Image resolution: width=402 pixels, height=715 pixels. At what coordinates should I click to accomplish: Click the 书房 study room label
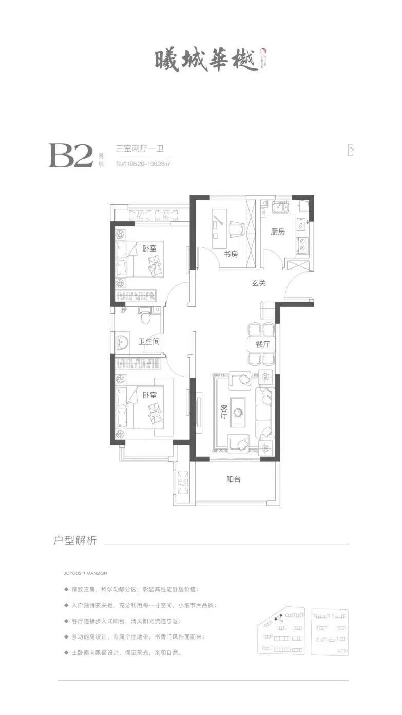pyautogui.click(x=231, y=254)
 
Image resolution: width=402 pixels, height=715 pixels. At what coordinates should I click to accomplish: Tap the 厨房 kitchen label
pyautogui.click(x=277, y=231)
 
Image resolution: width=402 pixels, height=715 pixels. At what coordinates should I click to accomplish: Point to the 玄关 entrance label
pyautogui.click(x=258, y=283)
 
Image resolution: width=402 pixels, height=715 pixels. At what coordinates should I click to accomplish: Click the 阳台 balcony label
pyautogui.click(x=234, y=480)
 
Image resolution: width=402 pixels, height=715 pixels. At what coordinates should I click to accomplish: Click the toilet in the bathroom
pyautogui.click(x=146, y=315)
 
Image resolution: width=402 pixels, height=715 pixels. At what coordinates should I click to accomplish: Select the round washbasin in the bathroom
pyautogui.click(x=122, y=342)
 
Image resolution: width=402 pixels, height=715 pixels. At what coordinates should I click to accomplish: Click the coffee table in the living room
pyautogui.click(x=239, y=411)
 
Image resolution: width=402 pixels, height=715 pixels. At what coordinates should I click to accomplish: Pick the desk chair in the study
pyautogui.click(x=235, y=229)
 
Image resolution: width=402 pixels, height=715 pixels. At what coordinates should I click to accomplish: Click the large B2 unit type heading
pyautogui.click(x=70, y=156)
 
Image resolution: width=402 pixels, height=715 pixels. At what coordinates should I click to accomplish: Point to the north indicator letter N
pyautogui.click(x=352, y=150)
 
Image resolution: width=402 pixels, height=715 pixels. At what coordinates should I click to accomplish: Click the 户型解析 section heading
pyautogui.click(x=75, y=542)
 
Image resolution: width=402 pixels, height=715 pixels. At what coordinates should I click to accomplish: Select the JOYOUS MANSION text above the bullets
pyautogui.click(x=82, y=573)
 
